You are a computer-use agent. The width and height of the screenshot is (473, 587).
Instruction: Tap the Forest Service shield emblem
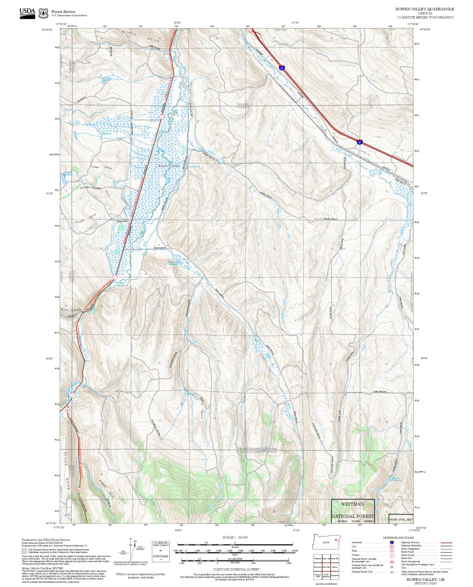(43, 14)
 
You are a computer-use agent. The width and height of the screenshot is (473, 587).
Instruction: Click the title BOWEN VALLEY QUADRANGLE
(425, 9)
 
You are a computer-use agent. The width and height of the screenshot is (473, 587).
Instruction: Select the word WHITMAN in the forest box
(352, 504)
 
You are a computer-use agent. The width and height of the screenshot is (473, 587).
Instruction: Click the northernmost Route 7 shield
(161, 117)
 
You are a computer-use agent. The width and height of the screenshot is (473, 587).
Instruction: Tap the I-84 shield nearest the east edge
(359, 142)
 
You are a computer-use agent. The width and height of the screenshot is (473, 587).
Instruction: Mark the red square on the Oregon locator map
(336, 540)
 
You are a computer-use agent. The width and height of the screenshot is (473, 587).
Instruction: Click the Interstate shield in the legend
(392, 542)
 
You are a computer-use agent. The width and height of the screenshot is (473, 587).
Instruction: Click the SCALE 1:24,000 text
(235, 537)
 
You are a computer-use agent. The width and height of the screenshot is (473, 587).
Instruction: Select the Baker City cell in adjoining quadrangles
(326, 558)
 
